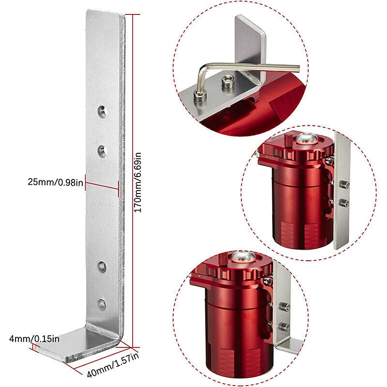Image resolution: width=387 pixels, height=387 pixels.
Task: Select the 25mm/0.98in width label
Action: point(55,182)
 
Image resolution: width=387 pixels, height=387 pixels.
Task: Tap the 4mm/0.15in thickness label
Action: point(34,339)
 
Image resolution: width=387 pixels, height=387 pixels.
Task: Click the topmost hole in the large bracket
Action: point(102,112)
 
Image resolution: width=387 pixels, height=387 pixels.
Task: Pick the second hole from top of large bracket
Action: point(102,151)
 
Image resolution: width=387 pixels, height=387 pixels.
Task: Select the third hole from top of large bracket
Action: point(102,267)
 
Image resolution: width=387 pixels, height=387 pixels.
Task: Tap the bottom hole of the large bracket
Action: point(102,304)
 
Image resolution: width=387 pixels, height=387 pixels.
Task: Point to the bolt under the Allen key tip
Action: point(200,97)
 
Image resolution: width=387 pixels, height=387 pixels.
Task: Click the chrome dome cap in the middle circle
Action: point(307,138)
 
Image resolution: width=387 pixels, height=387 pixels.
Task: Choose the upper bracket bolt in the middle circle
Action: point(344,184)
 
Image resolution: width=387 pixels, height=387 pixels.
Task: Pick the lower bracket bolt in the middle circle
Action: point(344,203)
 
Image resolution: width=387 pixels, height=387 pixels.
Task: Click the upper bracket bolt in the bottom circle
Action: point(284,307)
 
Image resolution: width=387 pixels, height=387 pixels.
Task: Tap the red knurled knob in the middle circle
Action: point(289,140)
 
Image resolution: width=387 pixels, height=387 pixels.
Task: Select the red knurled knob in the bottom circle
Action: point(223,259)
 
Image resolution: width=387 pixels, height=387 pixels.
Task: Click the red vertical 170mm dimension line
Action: point(133,180)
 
